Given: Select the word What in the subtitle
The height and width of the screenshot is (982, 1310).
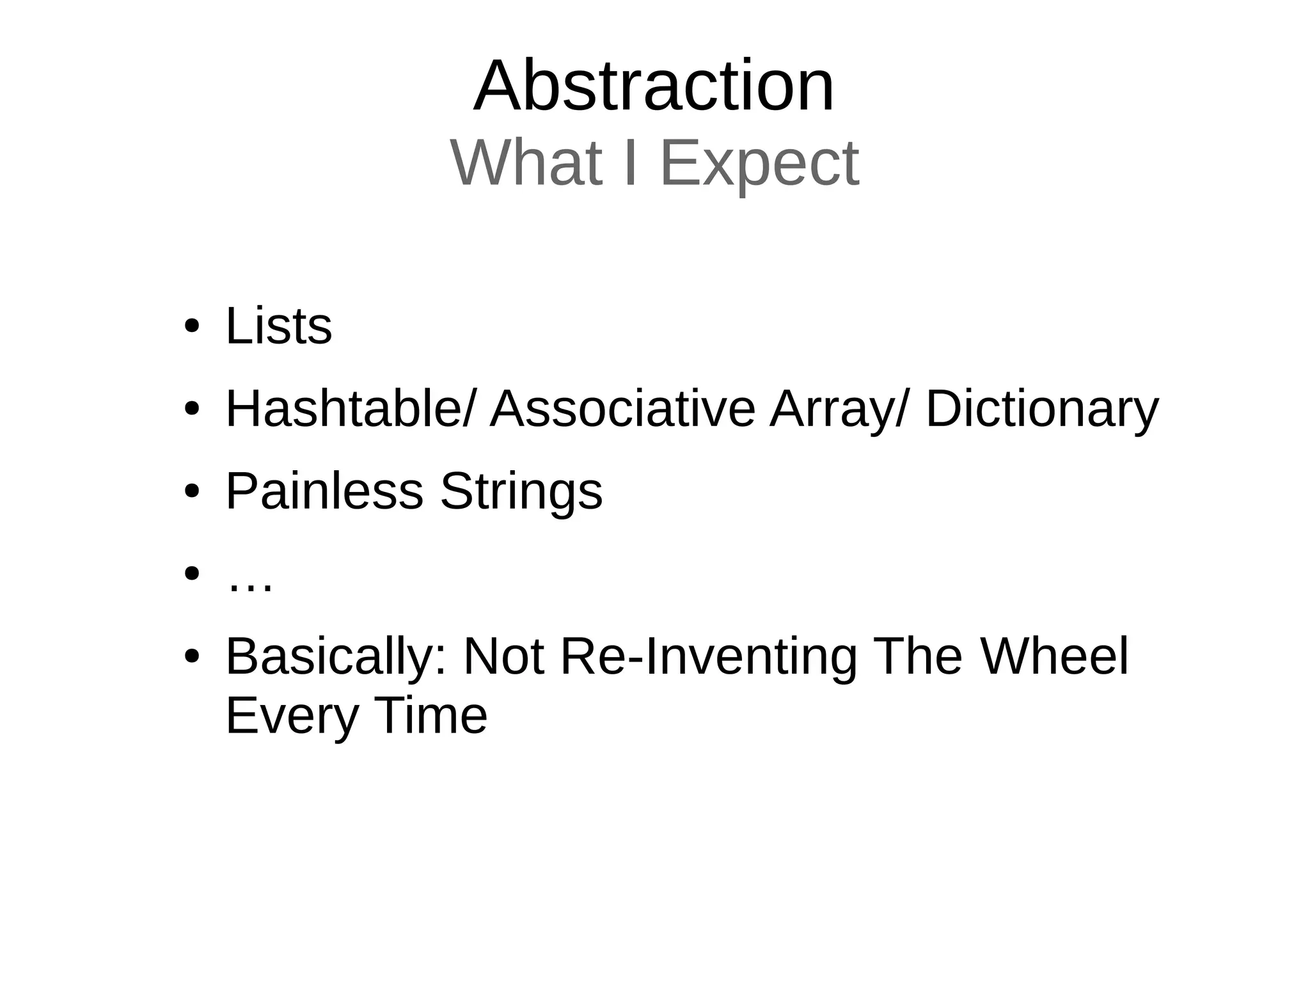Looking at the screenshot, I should point(526,163).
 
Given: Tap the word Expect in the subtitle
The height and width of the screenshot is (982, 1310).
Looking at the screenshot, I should point(759,164).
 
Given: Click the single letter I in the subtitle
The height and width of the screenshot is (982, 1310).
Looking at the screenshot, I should point(631,163).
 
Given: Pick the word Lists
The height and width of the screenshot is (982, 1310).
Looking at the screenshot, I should point(279,326).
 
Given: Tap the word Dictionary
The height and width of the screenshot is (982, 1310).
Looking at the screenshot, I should point(1041,410).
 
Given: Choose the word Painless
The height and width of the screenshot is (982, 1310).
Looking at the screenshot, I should point(324,491).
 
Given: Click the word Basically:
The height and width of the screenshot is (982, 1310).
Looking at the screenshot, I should point(336,657).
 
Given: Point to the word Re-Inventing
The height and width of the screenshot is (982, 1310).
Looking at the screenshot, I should point(708,657).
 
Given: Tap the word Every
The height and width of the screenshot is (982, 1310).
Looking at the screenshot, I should point(292,717).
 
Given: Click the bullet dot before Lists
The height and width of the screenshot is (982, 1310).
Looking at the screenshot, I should point(191,327).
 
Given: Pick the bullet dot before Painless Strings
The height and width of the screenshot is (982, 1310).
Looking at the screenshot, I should point(191,492).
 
